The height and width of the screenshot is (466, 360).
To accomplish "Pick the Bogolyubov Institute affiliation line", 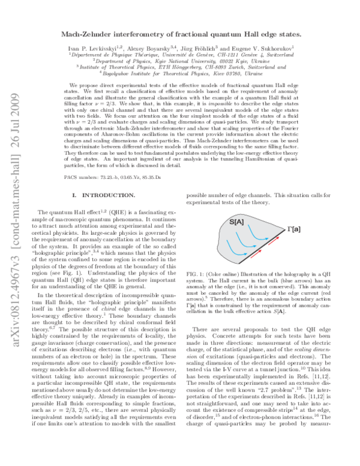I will tap(180, 73).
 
